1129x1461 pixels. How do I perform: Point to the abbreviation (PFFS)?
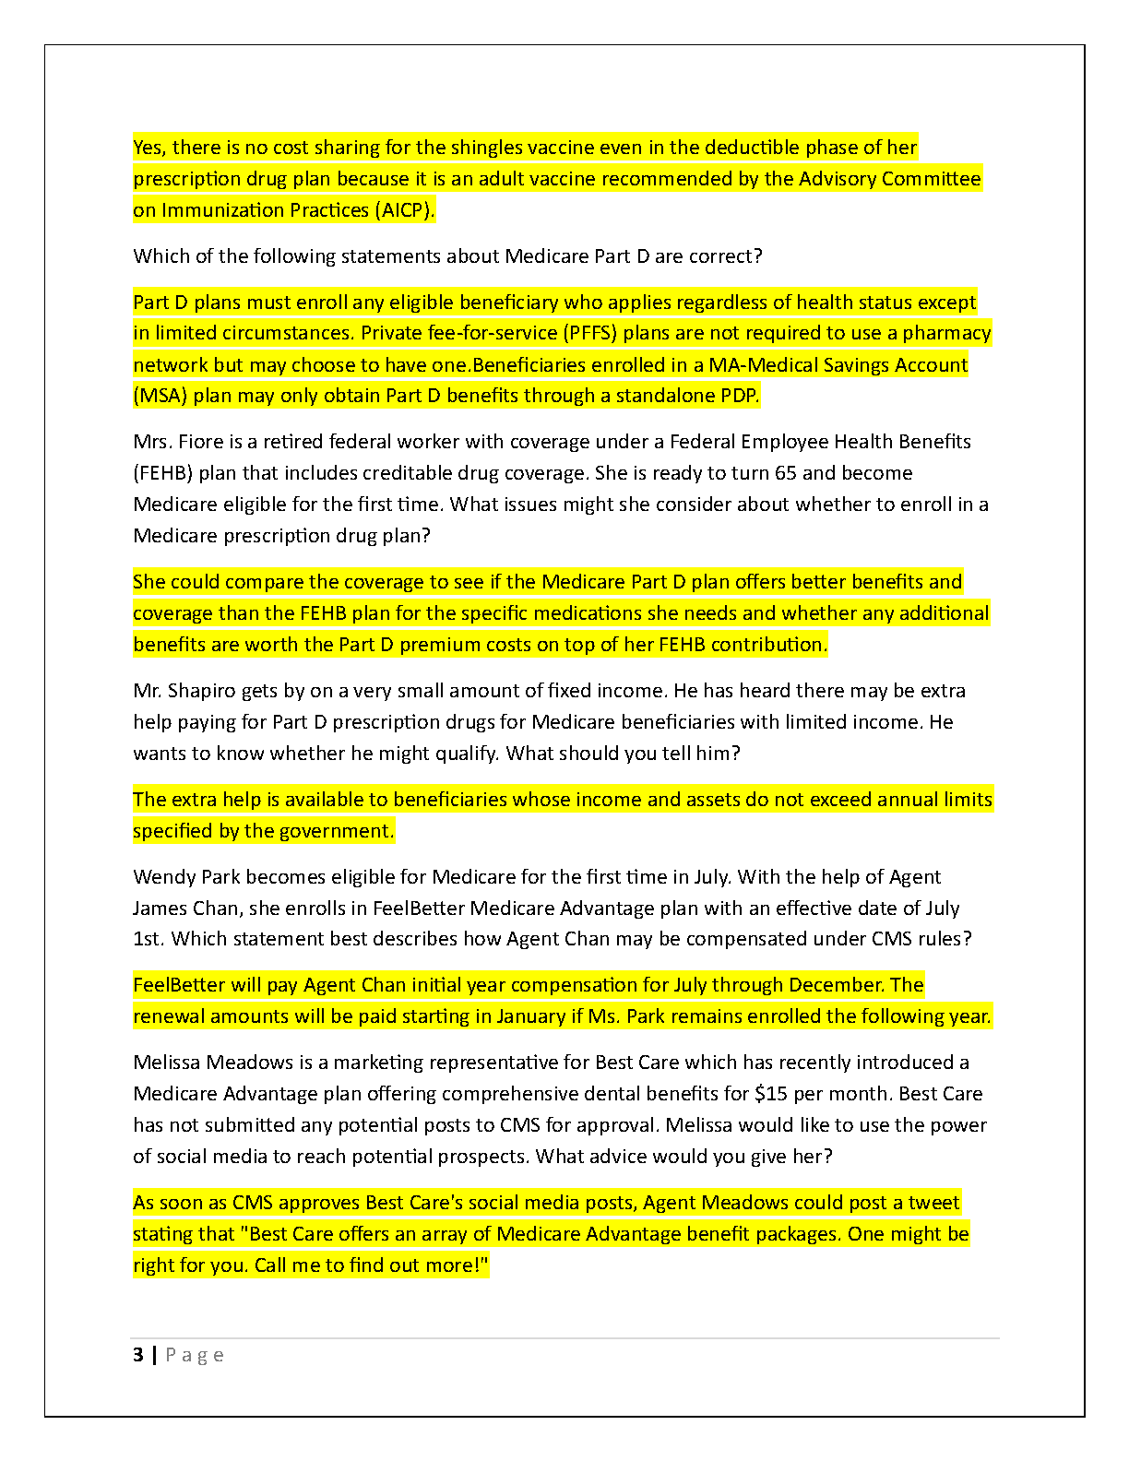590,333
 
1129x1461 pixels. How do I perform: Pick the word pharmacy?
946,333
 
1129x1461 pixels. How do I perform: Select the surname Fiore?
205,442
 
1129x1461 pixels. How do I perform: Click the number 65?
786,473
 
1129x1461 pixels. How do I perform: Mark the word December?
836,985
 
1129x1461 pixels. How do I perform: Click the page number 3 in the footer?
138,1355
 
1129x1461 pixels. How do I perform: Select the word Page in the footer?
195,1355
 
